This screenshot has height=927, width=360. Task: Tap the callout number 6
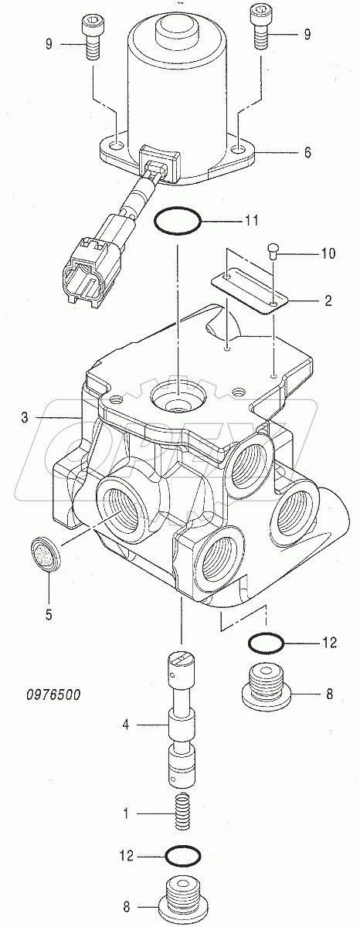307,153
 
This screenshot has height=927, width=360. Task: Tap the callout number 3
25,418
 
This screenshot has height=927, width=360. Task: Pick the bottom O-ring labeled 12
181,856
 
